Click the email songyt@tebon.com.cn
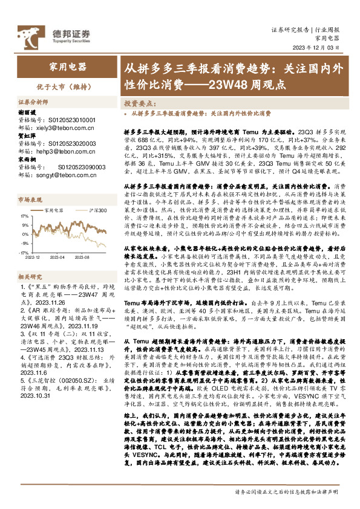(x=56, y=175)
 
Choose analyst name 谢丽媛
(x=28, y=112)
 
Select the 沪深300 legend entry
(x=85, y=210)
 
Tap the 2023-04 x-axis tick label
(x=57, y=256)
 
